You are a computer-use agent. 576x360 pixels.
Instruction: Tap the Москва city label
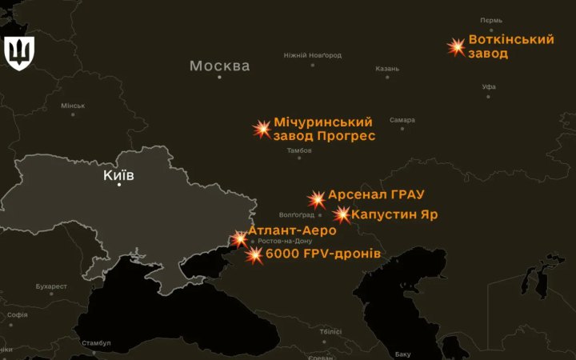219,66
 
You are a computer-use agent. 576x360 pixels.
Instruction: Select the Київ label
118,174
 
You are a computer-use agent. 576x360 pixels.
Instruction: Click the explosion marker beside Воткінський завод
457,46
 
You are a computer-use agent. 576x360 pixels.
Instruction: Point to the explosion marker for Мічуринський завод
262,129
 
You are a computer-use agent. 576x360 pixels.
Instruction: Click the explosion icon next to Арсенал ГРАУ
317,199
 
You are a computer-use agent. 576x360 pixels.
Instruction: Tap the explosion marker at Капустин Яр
342,214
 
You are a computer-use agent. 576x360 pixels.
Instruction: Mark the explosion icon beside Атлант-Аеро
239,238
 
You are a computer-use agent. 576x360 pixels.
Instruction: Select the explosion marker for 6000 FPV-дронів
254,255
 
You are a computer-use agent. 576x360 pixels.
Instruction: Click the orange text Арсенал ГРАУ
376,194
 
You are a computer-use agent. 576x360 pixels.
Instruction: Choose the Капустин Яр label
394,214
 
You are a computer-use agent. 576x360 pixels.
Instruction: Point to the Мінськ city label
73,106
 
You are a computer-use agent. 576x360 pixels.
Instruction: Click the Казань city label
387,69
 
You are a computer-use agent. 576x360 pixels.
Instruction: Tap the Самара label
402,120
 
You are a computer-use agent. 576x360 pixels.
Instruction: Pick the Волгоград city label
297,214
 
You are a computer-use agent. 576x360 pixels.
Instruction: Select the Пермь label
491,20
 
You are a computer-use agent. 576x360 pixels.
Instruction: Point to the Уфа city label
489,86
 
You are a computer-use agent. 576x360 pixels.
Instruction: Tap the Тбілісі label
330,331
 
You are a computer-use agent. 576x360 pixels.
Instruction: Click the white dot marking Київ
119,185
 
